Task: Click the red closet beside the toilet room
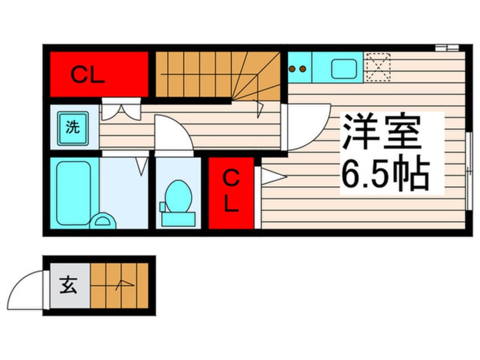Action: (230, 193)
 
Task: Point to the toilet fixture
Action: (177, 202)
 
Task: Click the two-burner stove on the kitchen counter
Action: (297, 69)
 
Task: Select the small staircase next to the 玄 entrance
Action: (119, 285)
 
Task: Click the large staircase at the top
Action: (218, 76)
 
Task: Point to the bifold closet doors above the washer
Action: (120, 109)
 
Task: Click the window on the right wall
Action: (468, 170)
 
